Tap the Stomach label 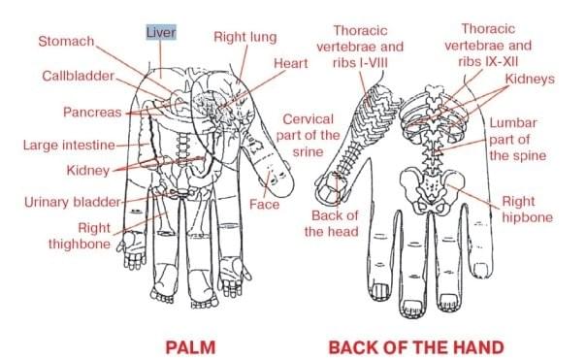pyautogui.click(x=67, y=42)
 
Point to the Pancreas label pyautogui.click(x=92, y=113)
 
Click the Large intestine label pyautogui.click(x=68, y=146)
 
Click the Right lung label pyautogui.click(x=244, y=38)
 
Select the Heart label pyautogui.click(x=263, y=63)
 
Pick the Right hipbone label pyautogui.click(x=526, y=210)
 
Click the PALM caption pyautogui.click(x=188, y=345)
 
